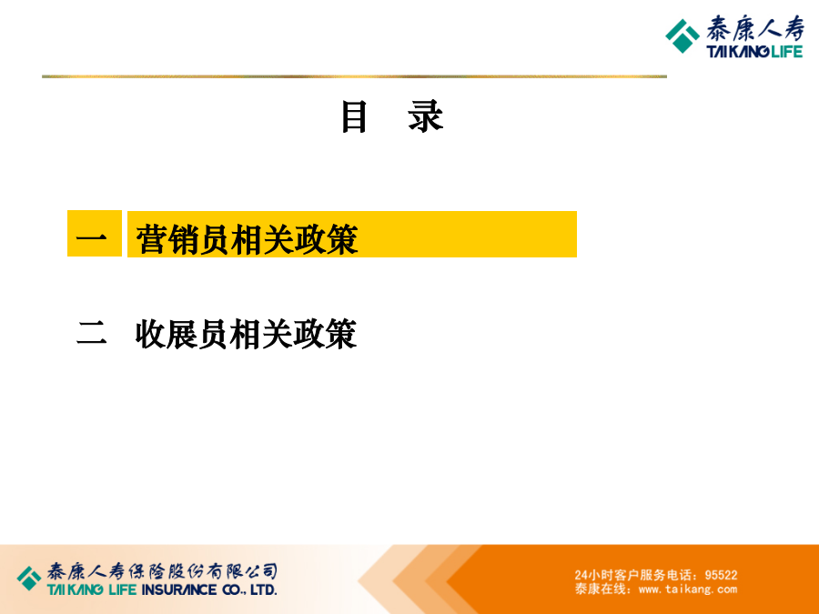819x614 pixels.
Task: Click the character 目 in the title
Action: (355, 116)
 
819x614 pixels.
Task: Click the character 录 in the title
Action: (426, 116)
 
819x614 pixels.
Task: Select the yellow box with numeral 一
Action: (95, 234)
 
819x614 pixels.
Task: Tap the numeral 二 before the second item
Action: (92, 333)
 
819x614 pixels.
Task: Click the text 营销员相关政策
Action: (247, 239)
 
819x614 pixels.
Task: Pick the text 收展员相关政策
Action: (247, 334)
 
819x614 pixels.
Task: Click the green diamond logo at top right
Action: (682, 36)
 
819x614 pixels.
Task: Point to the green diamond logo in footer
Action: (29, 579)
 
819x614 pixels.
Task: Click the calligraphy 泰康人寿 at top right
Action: (755, 29)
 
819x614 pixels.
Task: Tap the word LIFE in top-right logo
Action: (786, 52)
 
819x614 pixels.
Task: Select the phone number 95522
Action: (721, 575)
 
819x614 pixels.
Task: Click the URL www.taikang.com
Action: (688, 589)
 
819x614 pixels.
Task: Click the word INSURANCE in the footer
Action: (179, 590)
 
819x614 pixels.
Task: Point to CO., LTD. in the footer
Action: (249, 590)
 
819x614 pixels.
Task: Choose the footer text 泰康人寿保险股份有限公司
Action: (163, 571)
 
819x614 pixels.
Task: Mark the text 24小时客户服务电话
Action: (633, 575)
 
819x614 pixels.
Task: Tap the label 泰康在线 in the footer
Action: (601, 589)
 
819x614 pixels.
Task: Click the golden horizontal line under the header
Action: (354, 76)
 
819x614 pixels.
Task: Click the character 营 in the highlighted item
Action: (151, 239)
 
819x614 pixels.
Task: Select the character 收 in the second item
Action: (151, 334)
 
